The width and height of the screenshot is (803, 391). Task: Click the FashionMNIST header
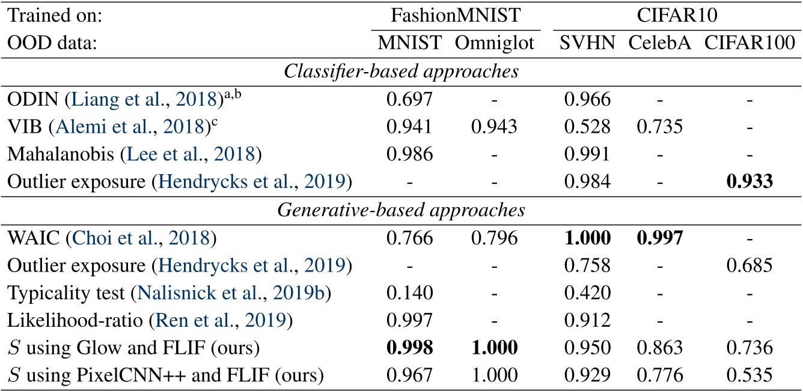click(456, 15)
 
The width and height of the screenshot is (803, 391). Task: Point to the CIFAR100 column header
click(751, 43)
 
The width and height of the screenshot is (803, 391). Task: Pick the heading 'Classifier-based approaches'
click(401, 70)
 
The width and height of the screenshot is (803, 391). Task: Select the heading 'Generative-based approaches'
click(401, 210)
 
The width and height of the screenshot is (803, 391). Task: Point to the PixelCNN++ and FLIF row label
click(164, 377)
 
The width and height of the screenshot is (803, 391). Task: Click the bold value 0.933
click(751, 182)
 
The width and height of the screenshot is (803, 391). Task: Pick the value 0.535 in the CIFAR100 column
click(751, 377)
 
